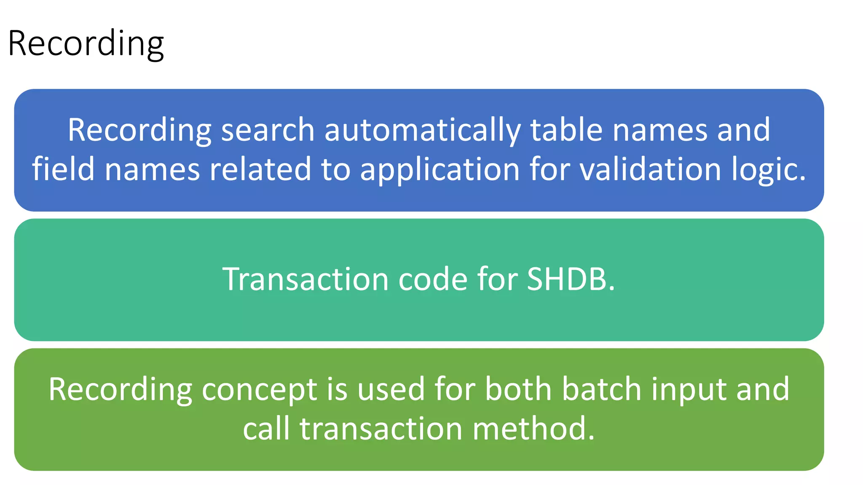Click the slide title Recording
pos(86,43)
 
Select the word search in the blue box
pos(268,130)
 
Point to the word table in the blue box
pos(566,130)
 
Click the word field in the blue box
pos(63,169)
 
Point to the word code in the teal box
pos(433,279)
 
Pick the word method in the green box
pos(533,429)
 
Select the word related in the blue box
pos(260,169)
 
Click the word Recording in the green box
pos(120,390)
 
